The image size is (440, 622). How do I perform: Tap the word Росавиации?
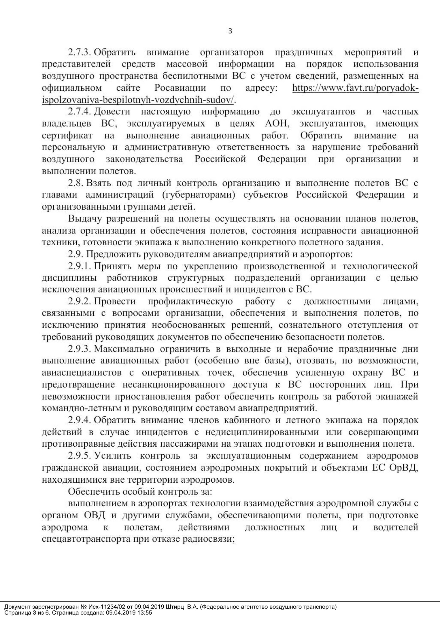point(180,88)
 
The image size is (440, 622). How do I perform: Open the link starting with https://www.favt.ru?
point(355,88)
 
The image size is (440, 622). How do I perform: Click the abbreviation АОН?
point(276,124)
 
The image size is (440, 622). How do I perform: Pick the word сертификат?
point(67,135)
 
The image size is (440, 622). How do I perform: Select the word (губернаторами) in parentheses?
point(199,195)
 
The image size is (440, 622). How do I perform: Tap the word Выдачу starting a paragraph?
point(85,219)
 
